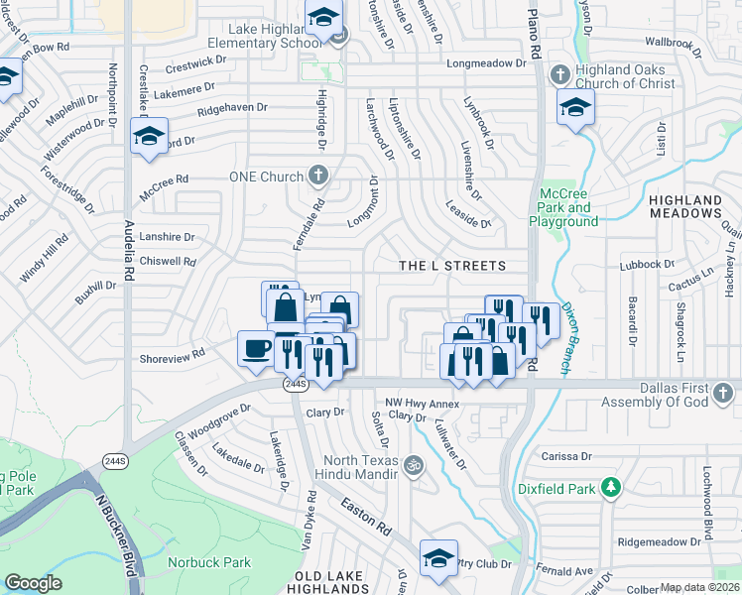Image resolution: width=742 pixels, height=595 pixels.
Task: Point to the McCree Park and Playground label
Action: [567, 207]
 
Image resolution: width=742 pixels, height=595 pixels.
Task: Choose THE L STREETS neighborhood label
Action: [451, 266]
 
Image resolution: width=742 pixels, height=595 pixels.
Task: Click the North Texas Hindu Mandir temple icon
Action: [416, 463]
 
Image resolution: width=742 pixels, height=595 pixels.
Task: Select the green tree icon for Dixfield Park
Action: [612, 487]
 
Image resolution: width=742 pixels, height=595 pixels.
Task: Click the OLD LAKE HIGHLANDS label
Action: [340, 582]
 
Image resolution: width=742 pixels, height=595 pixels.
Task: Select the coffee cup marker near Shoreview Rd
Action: [258, 349]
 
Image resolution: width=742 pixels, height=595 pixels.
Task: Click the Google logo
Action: [33, 583]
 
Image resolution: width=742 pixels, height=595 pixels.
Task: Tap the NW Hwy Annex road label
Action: [423, 403]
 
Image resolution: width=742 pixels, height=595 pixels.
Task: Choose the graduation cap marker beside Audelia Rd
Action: [149, 136]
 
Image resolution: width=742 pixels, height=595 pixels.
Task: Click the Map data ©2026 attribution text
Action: [699, 587]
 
